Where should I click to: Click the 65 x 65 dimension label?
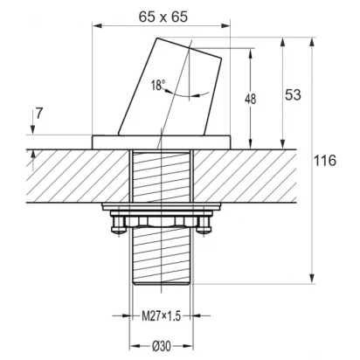[163, 17]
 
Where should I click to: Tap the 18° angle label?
[157, 86]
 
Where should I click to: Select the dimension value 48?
[250, 99]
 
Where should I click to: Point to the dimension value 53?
[293, 94]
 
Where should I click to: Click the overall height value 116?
[325, 161]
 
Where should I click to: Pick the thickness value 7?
[39, 114]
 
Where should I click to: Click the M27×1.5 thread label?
[162, 315]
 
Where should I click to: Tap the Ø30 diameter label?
[162, 346]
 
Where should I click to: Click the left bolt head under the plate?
[119, 225]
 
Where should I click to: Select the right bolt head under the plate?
[204, 225]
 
